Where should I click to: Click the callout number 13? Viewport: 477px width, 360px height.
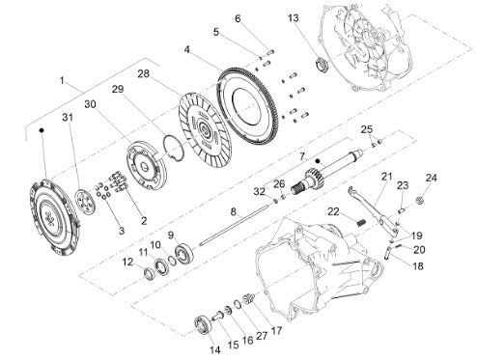pos(293,18)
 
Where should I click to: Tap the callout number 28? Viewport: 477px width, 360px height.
pos(144,73)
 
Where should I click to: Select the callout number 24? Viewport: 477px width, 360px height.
pos(432,178)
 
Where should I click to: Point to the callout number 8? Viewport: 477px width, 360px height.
pos(234,211)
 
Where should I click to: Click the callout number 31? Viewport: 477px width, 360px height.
pos(68,118)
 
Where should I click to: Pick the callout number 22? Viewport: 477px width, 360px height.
pos(334,212)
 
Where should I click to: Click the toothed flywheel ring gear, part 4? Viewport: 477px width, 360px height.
pos(248,107)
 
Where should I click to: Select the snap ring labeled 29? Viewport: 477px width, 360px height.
pos(174,148)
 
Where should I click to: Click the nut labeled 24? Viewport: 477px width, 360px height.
pos(419,200)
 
